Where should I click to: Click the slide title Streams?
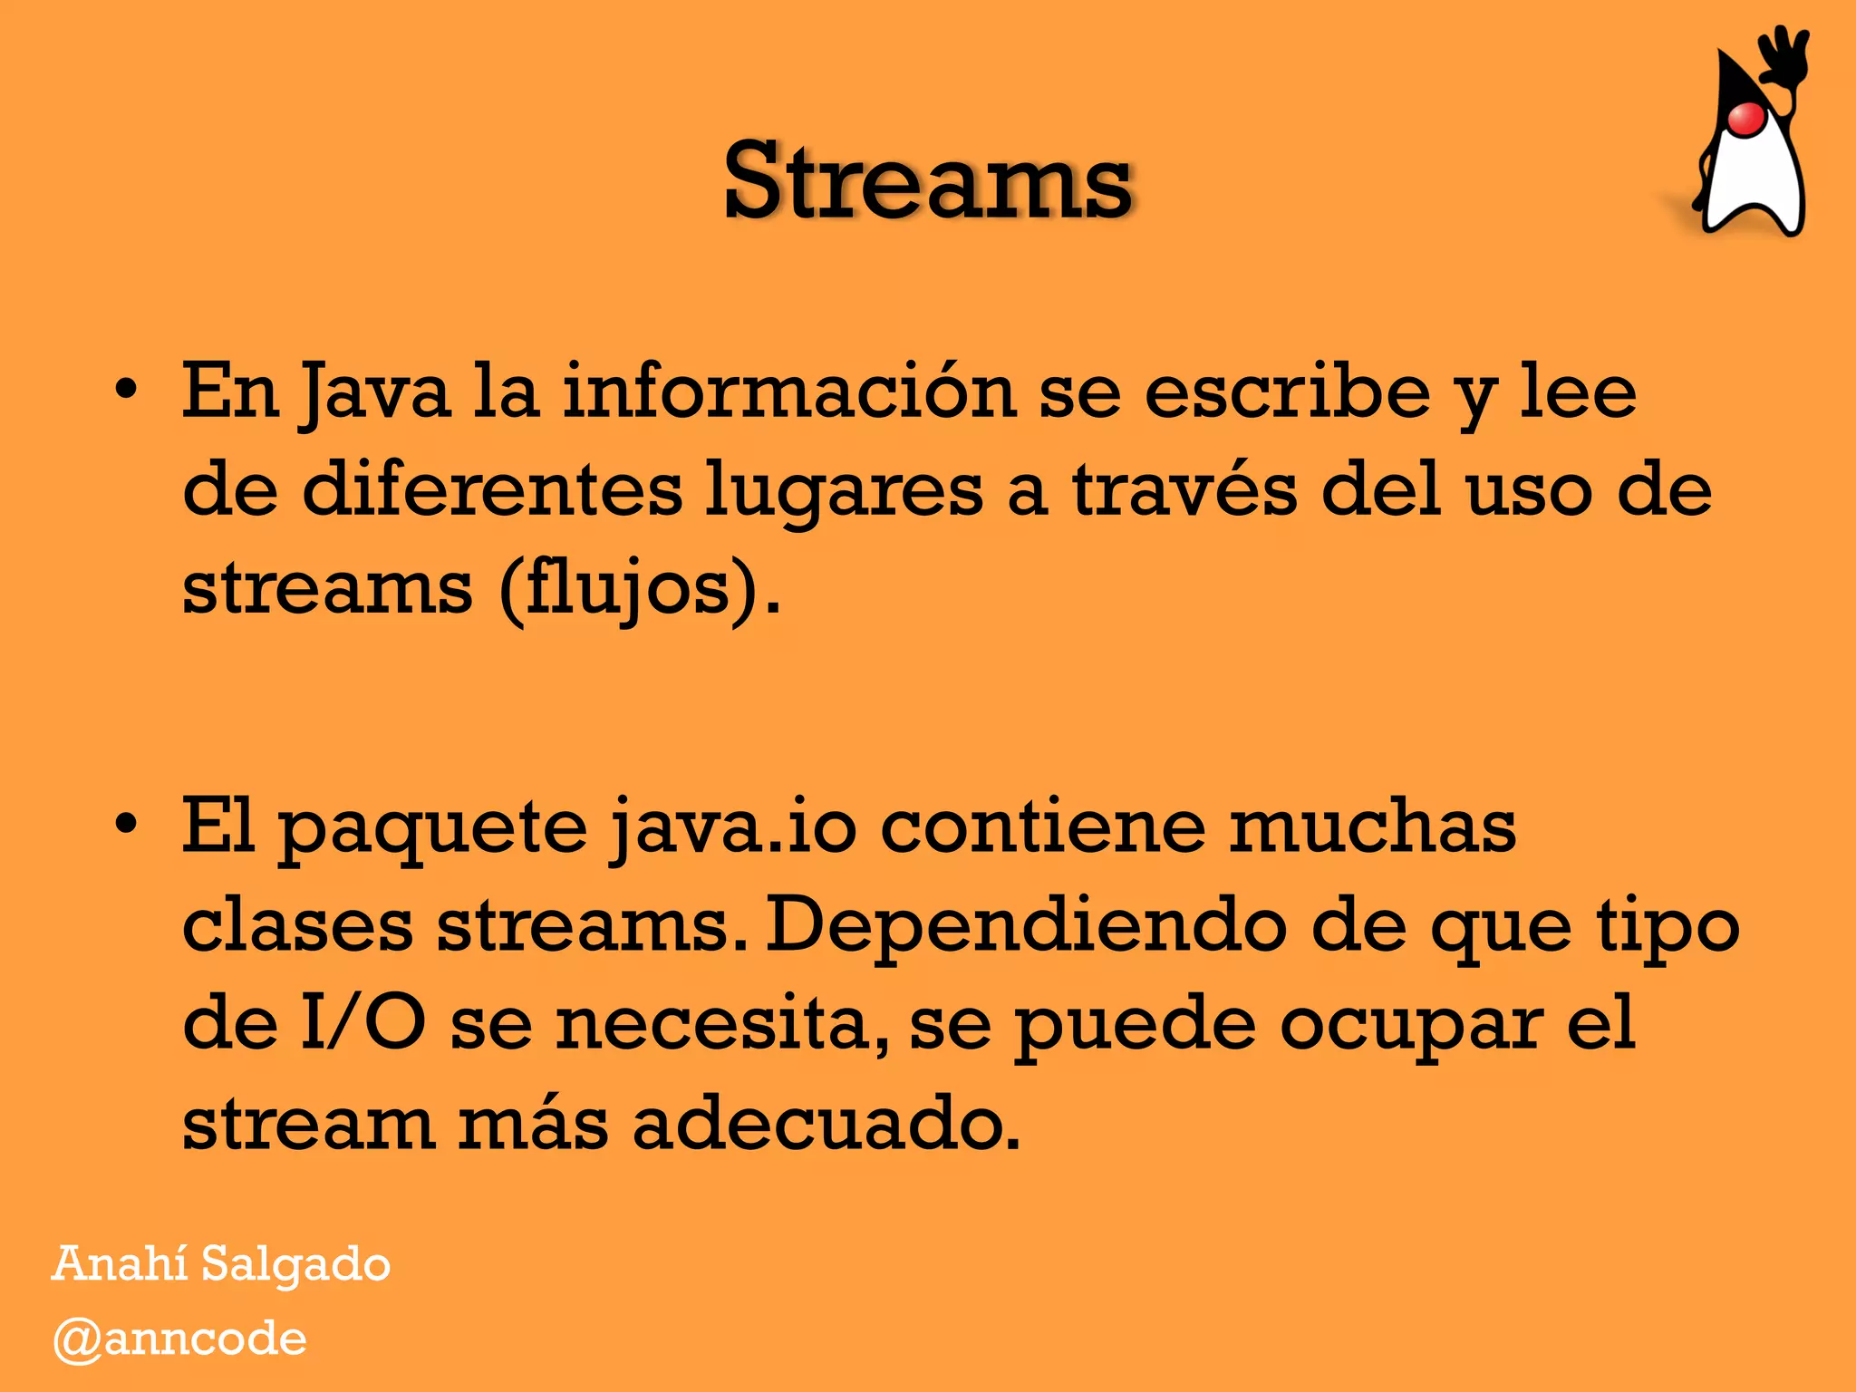[927, 181]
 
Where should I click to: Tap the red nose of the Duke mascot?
[1745, 119]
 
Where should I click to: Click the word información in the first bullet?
[788, 391]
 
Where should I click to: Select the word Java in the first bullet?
[375, 393]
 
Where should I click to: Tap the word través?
[1184, 489]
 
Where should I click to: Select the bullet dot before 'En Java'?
[127, 390]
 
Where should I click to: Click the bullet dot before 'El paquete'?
[127, 824]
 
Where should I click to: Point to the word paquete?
[432, 828]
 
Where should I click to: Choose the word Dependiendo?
[1027, 926]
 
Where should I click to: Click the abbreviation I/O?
[362, 1023]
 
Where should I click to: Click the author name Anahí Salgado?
[221, 1263]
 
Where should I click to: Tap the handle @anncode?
[180, 1339]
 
